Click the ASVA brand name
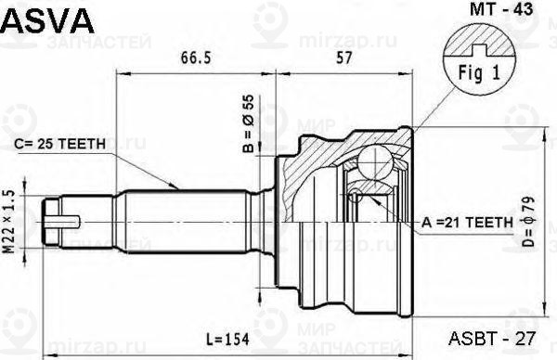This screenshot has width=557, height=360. [46, 18]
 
